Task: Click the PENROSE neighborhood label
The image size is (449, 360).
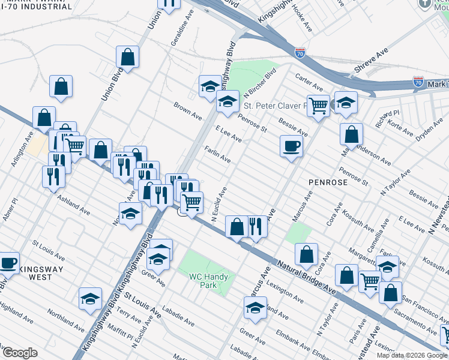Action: pos(329,181)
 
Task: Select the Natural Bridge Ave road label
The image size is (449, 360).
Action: pos(306,275)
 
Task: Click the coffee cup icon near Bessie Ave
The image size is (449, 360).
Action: pos(291,146)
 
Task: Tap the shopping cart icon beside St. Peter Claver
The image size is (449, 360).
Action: pos(318,106)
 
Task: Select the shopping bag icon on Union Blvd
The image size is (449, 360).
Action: pos(128,58)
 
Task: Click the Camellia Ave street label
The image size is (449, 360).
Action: pos(381,229)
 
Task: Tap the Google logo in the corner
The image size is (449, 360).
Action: pos(20,353)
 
